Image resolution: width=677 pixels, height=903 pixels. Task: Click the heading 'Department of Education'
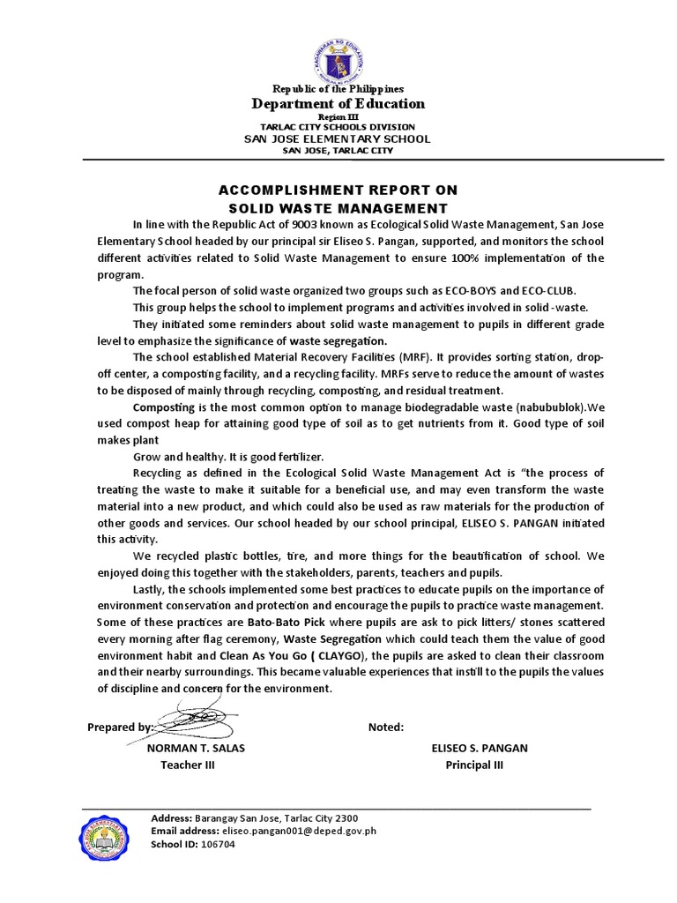coord(338,104)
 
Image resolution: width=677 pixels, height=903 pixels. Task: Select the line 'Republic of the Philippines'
coord(338,89)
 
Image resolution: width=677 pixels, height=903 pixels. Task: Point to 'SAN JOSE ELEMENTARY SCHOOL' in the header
coord(338,138)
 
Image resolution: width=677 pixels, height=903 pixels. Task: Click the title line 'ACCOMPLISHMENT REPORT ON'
coord(338,190)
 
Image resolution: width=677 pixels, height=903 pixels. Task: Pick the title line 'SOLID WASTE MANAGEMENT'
coord(338,208)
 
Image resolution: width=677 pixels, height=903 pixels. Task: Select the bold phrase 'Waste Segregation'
coord(331,638)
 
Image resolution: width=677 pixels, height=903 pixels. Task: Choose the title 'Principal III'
coord(474,765)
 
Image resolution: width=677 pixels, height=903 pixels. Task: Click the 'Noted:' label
coord(386,728)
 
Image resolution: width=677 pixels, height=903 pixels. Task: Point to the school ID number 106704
coord(217,844)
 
